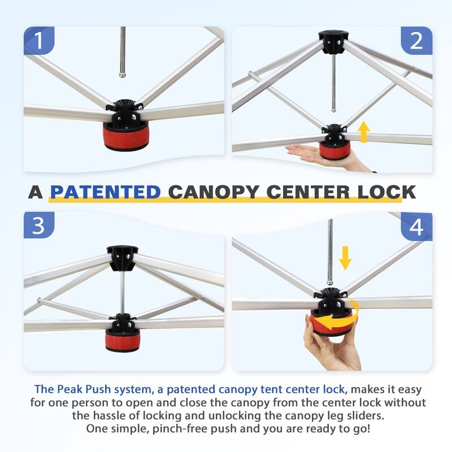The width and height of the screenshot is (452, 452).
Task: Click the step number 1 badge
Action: coord(38,40)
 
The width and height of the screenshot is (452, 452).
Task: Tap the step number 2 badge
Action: coord(416,40)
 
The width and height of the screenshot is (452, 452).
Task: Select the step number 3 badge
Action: coord(38,225)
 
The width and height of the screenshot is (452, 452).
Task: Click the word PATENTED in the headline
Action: coord(105,192)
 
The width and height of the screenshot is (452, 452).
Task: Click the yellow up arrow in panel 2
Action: coord(364,132)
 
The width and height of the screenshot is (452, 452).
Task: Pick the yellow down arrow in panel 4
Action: coord(345,258)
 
